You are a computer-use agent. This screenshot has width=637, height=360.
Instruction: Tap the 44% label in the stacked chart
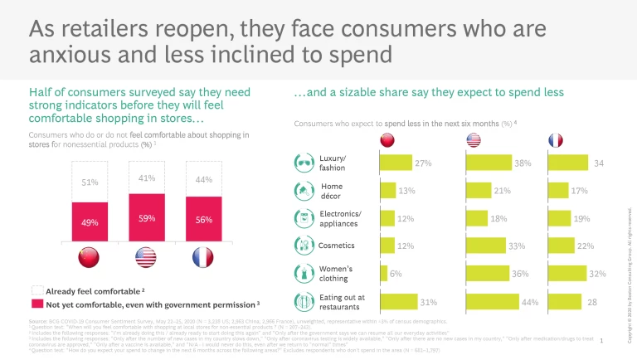pos(202,180)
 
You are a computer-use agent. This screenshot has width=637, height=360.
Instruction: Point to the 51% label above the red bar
pos(90,182)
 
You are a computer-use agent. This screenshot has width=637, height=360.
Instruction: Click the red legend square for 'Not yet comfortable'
pos(36,304)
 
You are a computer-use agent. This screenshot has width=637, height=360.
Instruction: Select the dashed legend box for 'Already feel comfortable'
pos(36,291)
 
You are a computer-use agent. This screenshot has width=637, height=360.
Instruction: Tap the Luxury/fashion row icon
pos(304,162)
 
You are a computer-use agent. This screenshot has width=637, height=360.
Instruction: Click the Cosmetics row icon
pos(304,246)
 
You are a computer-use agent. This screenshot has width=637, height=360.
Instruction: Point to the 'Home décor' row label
pos(332,191)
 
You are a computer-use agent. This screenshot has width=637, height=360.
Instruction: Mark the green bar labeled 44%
pos(492,301)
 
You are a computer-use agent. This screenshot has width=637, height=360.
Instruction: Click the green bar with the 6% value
pos(383,273)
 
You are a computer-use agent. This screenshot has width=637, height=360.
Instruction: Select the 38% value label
pos(522,163)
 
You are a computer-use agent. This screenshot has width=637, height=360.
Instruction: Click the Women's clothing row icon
pos(304,273)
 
